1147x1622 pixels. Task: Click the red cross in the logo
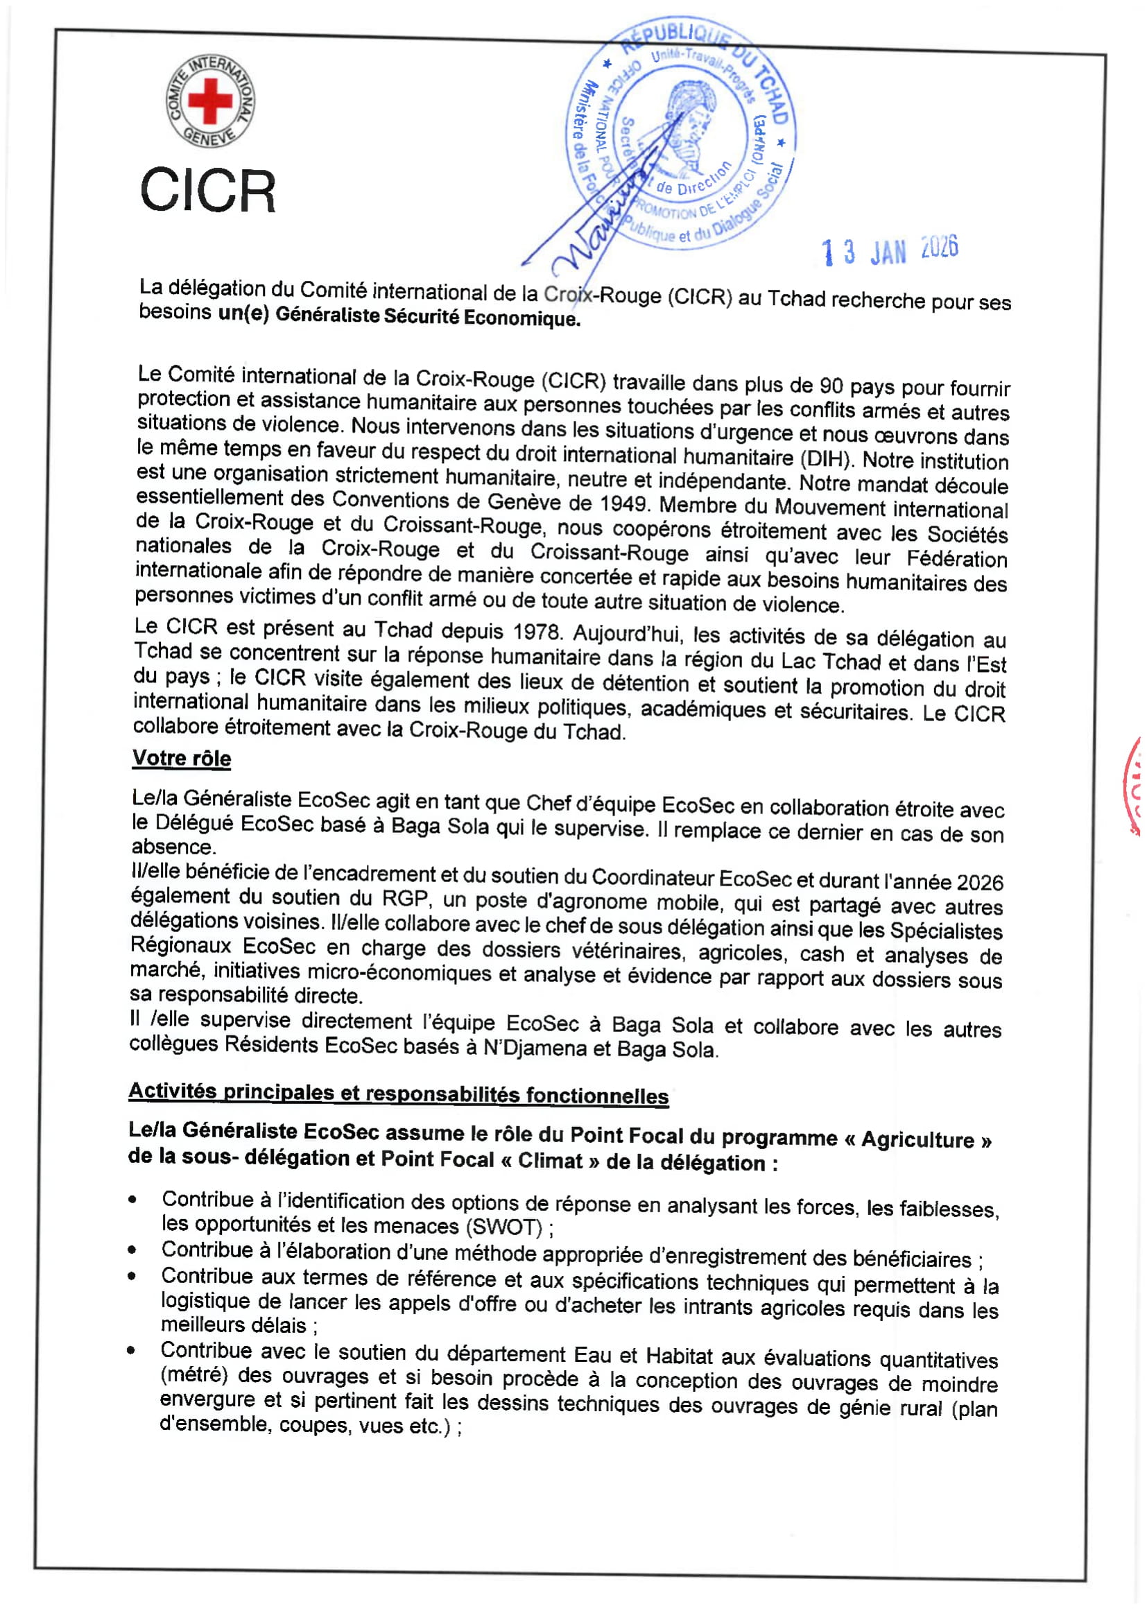tap(209, 101)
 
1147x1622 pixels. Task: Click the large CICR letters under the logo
tap(207, 191)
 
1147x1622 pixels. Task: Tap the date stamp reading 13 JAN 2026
tap(889, 250)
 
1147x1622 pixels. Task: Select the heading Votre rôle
tap(182, 758)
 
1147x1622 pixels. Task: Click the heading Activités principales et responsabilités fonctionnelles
tap(398, 1094)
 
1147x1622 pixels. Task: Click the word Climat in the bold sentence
tap(550, 1161)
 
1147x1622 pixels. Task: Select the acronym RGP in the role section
tap(404, 898)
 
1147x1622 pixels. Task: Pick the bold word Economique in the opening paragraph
tap(522, 318)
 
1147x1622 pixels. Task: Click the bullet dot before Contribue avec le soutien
tap(131, 1351)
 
